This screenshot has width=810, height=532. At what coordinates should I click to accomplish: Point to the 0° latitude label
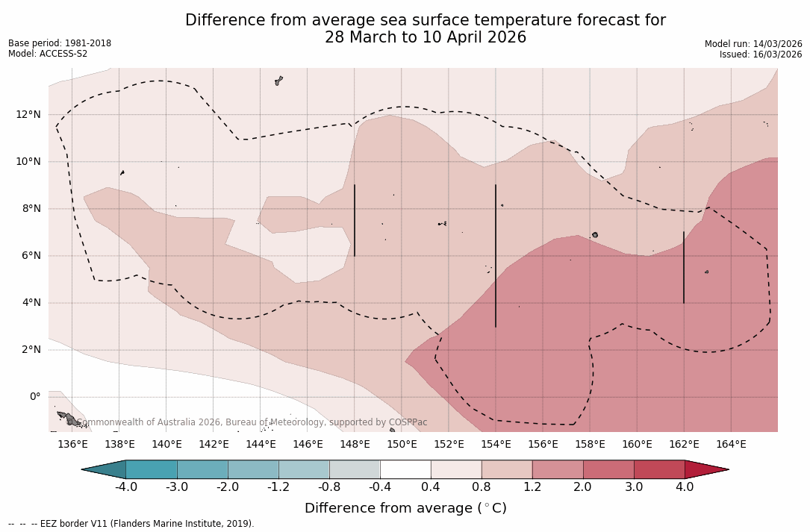35,396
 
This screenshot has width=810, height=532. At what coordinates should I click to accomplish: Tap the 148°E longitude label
355,444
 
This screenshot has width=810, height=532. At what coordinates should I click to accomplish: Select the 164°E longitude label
731,444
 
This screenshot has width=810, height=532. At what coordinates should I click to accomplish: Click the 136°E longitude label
72,444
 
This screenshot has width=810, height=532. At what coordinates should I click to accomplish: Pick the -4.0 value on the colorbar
125,487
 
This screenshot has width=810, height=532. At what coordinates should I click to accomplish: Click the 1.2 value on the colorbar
532,487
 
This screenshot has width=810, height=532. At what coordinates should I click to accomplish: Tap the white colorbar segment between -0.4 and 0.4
405,469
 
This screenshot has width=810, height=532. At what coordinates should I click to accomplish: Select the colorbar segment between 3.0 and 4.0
658,469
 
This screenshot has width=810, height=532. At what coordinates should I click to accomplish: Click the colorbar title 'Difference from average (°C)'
405,508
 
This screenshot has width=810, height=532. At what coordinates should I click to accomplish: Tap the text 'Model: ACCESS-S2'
48,54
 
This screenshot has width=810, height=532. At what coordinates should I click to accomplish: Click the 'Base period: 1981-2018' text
60,43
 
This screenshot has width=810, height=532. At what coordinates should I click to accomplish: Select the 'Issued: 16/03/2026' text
760,54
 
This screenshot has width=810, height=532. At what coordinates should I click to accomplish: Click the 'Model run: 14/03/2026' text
753,44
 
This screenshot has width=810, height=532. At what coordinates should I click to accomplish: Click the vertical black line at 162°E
683,267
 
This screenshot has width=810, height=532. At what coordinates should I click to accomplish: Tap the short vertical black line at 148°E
354,220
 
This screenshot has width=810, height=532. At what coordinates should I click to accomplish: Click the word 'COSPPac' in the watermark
408,422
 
